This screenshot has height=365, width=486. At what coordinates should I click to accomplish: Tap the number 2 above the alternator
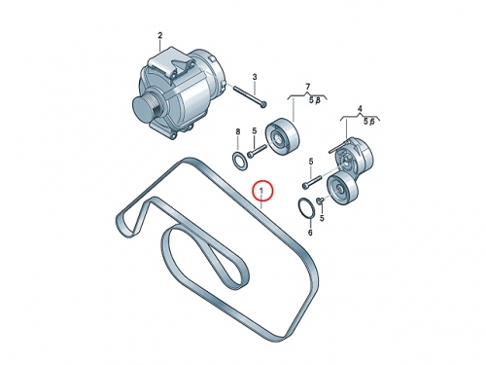pos(160,35)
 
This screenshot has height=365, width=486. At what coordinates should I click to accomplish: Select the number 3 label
pos(255,77)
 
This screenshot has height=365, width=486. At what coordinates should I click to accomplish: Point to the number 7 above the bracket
pos(307,87)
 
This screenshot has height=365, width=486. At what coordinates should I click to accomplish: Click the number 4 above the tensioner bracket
pos(360,109)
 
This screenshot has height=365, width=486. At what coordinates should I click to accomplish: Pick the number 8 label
pos(238,131)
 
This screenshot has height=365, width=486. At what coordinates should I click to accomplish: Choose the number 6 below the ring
pos(310,233)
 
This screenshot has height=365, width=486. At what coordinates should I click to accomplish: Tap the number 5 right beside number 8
pos(255,131)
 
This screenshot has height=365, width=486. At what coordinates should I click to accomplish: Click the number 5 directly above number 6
pos(322,218)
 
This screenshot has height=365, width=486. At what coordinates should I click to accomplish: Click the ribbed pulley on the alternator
pos(146,108)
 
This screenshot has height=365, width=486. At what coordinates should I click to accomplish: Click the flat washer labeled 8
pos(240,160)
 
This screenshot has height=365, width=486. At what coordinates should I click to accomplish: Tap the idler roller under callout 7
pos(282,138)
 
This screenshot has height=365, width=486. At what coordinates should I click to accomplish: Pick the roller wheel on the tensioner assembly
pos(342,190)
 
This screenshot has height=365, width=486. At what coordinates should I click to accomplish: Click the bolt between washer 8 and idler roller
pos(257,151)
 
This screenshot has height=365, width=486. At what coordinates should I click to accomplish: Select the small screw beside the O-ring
pos(320,201)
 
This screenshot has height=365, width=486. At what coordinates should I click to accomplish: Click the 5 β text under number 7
pos(314,100)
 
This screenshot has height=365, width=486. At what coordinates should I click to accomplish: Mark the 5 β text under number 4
pos(369,122)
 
